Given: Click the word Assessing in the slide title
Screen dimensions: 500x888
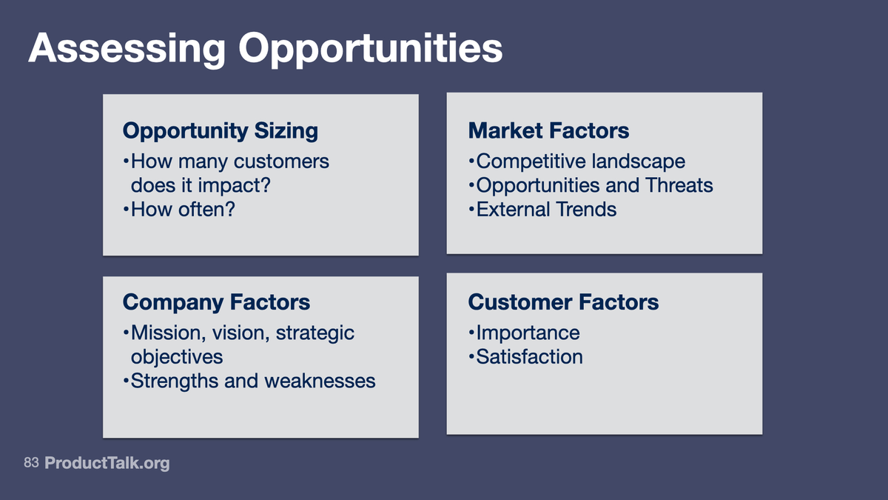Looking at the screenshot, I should [x=127, y=49].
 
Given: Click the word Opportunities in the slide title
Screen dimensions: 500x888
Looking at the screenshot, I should [x=370, y=49].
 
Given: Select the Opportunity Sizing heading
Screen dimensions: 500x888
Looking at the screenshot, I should [x=220, y=131].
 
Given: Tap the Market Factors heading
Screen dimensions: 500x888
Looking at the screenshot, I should [x=548, y=131].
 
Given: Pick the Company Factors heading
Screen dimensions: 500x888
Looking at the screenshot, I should [x=216, y=302].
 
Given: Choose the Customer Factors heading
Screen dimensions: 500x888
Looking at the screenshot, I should [x=563, y=302].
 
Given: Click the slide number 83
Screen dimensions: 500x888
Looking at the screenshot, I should [x=30, y=463].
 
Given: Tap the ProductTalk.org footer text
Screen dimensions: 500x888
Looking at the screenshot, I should [x=107, y=464].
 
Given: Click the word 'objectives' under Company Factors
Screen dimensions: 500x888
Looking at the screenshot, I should [x=176, y=357].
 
